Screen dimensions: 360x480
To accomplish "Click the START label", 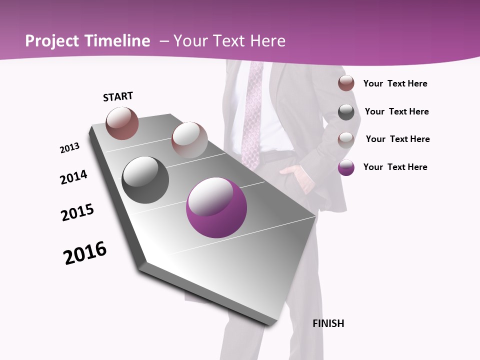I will tap(118, 96).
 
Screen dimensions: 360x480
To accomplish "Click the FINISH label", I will tap(328, 323).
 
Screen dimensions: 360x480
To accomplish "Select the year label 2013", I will tap(69, 148).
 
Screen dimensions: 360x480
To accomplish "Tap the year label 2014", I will tap(73, 177).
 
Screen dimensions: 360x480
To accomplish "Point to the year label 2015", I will tap(77, 212).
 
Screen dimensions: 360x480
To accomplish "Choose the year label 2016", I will tap(85, 253).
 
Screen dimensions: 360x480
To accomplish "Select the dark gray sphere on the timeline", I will tap(145, 180).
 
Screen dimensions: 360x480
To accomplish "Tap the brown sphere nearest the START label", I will tap(122, 123).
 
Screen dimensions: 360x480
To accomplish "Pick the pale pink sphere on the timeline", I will tap(189, 140).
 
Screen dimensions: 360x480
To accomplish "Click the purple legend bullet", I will tap(346, 167).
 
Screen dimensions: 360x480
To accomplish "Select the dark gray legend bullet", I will tap(346, 112).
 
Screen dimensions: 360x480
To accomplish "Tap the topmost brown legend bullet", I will tap(346, 83).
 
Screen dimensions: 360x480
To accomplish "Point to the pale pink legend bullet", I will tap(346, 139).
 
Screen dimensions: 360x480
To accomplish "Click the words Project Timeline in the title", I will tap(87, 41).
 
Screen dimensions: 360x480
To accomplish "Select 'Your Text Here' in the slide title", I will tap(229, 41).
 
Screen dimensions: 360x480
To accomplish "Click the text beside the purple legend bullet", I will tap(395, 167).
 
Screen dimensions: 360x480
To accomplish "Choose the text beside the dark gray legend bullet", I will tap(396, 111).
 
